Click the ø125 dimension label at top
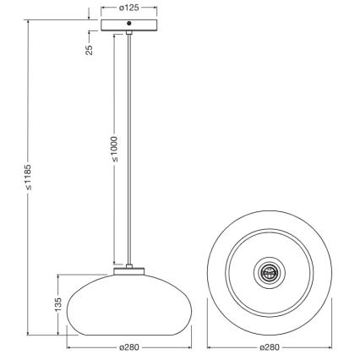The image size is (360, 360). [128, 8]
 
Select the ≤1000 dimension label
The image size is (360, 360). [112, 147]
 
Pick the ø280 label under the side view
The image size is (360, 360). [128, 347]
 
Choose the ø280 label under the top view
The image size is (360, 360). [270, 347]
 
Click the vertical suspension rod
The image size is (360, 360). [129, 152]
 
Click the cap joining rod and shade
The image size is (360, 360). [128, 270]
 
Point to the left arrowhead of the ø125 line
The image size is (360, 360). [103, 8]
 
